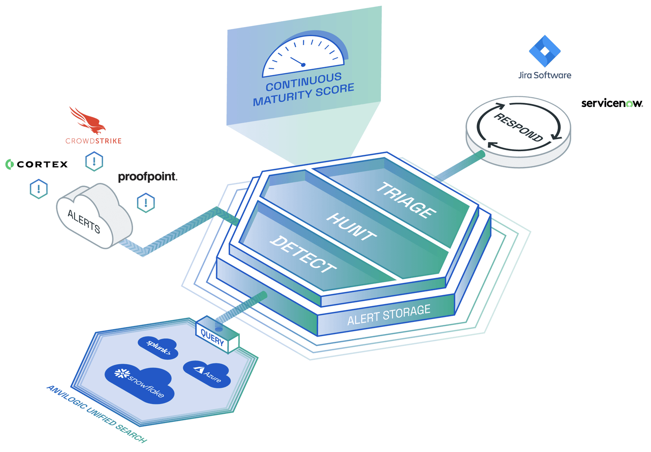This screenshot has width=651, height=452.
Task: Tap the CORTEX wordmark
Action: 42,164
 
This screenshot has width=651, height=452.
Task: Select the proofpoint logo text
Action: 147,177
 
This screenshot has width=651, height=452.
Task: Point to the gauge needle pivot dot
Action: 303,65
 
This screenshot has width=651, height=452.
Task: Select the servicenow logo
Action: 612,103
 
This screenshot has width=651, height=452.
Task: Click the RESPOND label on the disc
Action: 519,127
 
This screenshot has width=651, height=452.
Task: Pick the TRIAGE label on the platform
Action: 406,200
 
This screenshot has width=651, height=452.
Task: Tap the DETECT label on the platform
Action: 303,254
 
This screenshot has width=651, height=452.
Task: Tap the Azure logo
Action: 208,374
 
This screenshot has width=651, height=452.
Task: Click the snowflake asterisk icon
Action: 122,373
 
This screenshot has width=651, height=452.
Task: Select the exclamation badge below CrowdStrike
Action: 94,162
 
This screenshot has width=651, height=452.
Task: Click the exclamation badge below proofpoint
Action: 146,202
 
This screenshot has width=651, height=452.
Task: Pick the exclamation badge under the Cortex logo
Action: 39,189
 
